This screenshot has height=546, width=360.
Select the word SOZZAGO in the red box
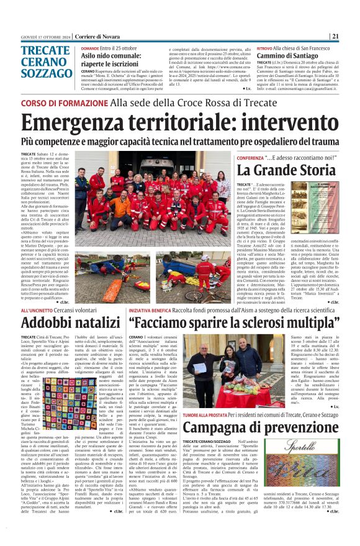47,73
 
